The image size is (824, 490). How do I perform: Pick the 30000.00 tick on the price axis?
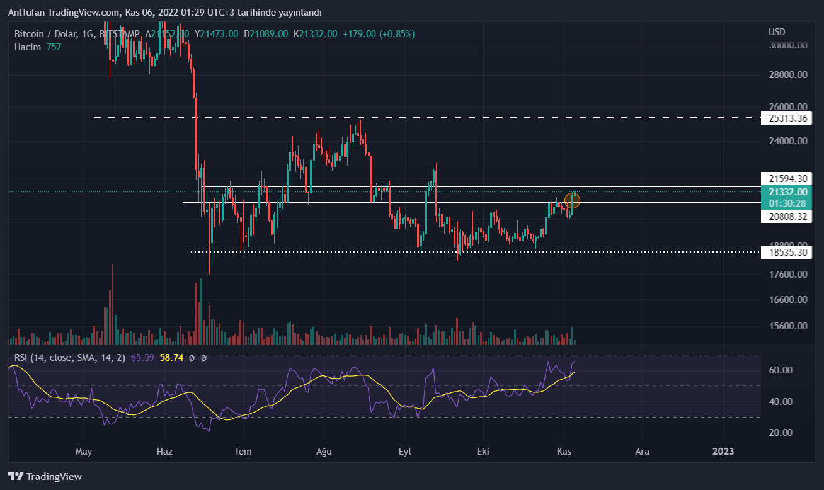tap(787, 45)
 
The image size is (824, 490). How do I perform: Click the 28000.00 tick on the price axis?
tap(787, 75)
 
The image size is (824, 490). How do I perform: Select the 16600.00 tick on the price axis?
tap(787, 300)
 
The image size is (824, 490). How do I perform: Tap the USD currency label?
tap(777, 32)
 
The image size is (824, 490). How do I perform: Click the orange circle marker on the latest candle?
tap(572, 201)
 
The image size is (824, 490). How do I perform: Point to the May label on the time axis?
tap(84, 451)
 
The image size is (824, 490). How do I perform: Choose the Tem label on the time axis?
tap(243, 451)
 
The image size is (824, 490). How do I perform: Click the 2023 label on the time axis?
tap(723, 451)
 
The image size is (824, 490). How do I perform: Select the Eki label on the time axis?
tap(483, 451)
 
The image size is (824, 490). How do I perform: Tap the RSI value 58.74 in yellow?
tap(171, 357)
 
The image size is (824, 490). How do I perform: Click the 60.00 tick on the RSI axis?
tap(781, 370)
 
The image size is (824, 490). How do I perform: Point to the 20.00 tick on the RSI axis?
tap(781, 433)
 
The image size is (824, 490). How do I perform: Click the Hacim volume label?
tap(28, 47)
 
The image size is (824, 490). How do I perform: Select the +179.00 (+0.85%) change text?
tap(378, 33)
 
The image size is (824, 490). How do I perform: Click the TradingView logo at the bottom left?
tap(45, 477)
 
